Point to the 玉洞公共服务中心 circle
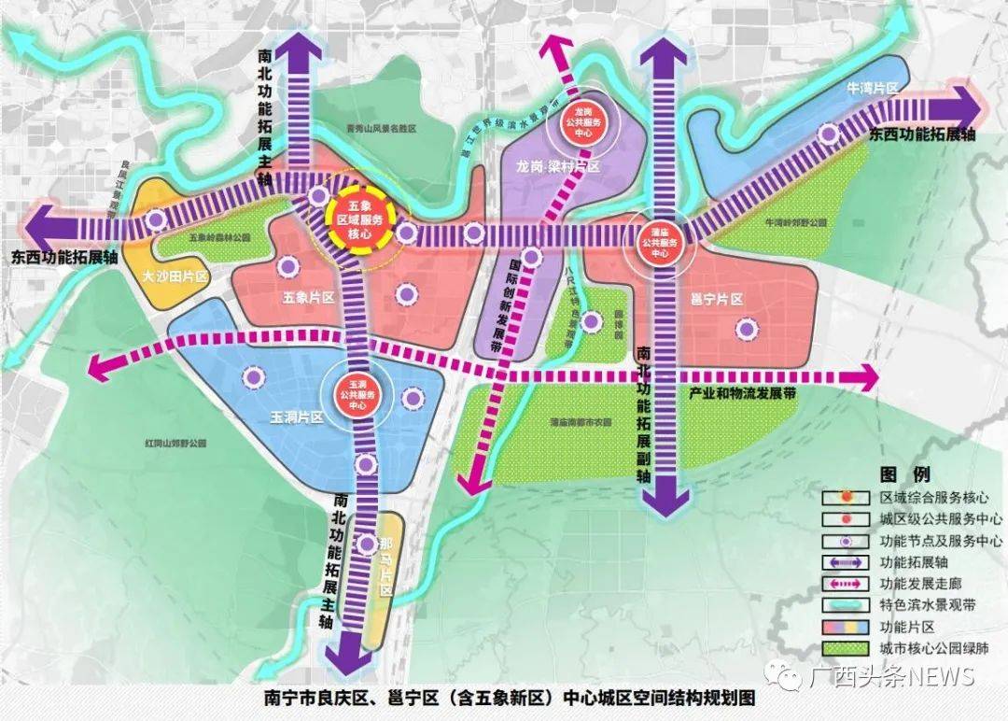(x=360, y=396)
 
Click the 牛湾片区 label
(x=872, y=87)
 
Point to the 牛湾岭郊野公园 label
(x=796, y=224)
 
